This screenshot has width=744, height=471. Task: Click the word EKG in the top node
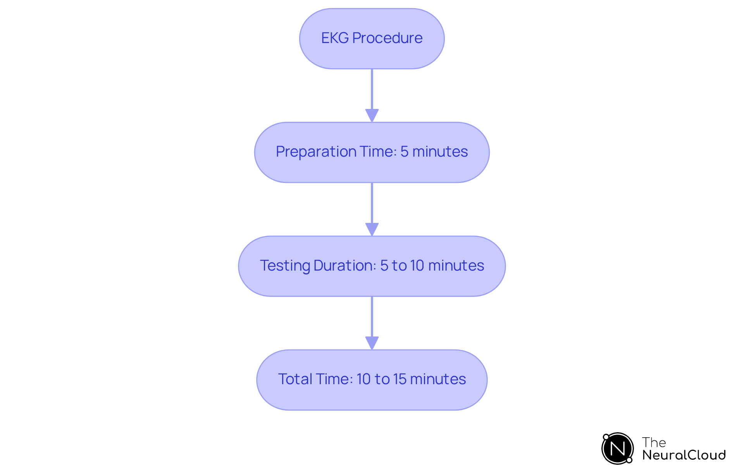[x=335, y=38]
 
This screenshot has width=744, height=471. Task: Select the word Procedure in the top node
[x=387, y=38]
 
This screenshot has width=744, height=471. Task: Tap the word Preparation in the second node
[x=316, y=152]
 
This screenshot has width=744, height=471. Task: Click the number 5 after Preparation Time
[x=404, y=152]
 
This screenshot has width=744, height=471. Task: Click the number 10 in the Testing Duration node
[x=417, y=266]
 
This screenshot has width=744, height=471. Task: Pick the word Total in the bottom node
[x=295, y=379]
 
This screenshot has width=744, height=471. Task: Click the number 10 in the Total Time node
[x=363, y=379]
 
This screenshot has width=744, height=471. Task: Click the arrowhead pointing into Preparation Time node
[x=372, y=116]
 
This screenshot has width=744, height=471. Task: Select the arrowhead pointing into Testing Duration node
[x=372, y=229]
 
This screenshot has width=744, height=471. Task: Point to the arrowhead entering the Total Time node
[x=372, y=343]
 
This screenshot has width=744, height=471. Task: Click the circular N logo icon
[x=617, y=449]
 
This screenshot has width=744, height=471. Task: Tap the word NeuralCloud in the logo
[x=684, y=455]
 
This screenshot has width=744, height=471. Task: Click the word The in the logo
[x=654, y=442]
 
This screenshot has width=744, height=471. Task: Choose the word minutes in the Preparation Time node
[x=440, y=152]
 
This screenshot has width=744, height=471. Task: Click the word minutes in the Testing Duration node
[x=456, y=266]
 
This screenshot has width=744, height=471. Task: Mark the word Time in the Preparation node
[x=378, y=152]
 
